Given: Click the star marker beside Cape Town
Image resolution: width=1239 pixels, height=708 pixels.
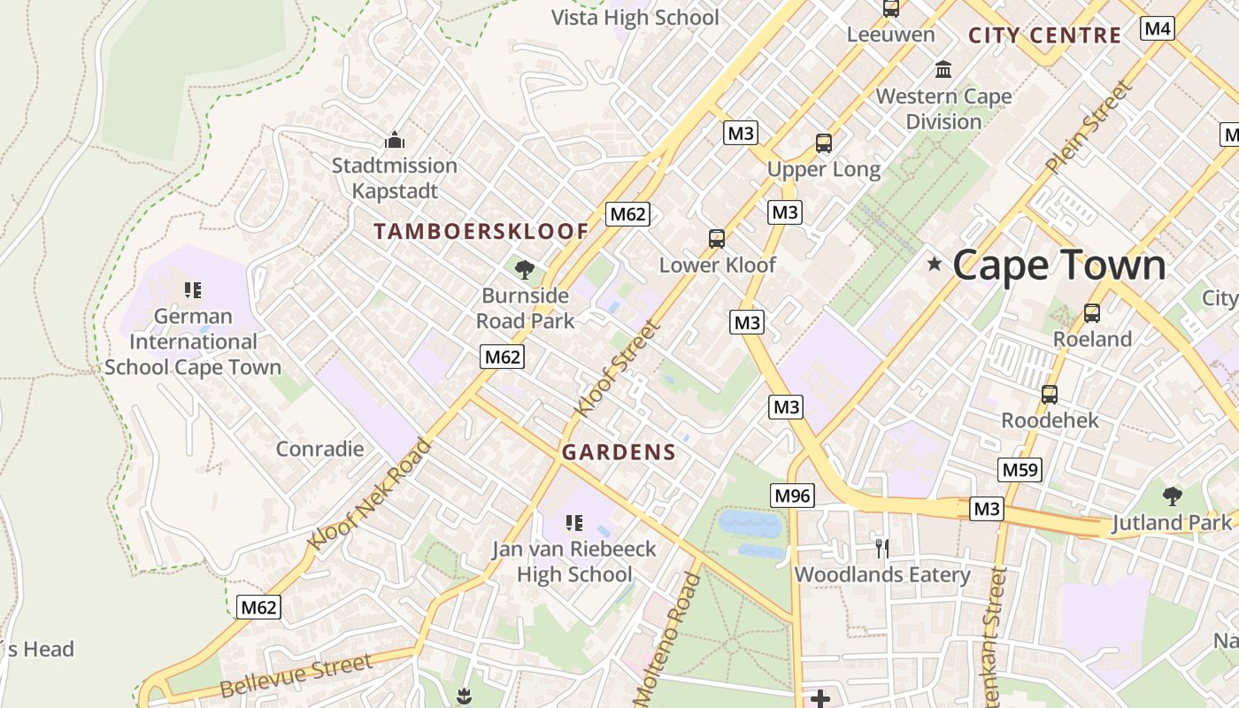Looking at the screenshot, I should pos(934,264).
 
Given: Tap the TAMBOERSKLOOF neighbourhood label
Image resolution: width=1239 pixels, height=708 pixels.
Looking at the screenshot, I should pos(481,232).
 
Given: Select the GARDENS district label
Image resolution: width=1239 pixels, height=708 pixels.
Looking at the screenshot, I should pos(619,452).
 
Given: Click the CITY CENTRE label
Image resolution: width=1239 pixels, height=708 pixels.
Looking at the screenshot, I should pos(1044,35).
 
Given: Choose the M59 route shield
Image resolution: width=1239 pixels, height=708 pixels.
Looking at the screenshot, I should pos(1019,470).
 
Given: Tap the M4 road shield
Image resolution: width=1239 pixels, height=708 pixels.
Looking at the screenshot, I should pos(1157,28).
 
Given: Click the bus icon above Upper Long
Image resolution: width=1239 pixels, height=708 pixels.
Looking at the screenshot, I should pos(823,142).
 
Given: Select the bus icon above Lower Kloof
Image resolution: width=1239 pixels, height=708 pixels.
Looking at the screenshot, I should pos(717,238).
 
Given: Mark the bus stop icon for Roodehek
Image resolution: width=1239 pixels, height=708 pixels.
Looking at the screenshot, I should pos(1049,394).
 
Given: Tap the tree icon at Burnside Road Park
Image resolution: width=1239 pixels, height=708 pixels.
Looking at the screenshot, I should pos(525,269).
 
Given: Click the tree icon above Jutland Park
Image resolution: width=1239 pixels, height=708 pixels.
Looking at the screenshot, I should pos(1173,496).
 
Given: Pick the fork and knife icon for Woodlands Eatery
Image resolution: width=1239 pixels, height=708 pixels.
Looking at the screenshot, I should pos(881,549).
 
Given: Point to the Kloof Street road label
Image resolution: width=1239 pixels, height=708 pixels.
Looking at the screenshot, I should pos(617,368).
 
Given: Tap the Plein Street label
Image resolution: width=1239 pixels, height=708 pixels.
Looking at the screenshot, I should pos(1089,127).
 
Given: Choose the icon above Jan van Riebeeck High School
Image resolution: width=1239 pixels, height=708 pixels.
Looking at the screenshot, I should pos(573,523).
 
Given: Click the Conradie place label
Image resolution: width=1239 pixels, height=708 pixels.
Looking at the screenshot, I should pos(319,449).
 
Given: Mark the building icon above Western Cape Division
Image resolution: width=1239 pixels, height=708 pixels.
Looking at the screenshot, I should pos(943,69).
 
